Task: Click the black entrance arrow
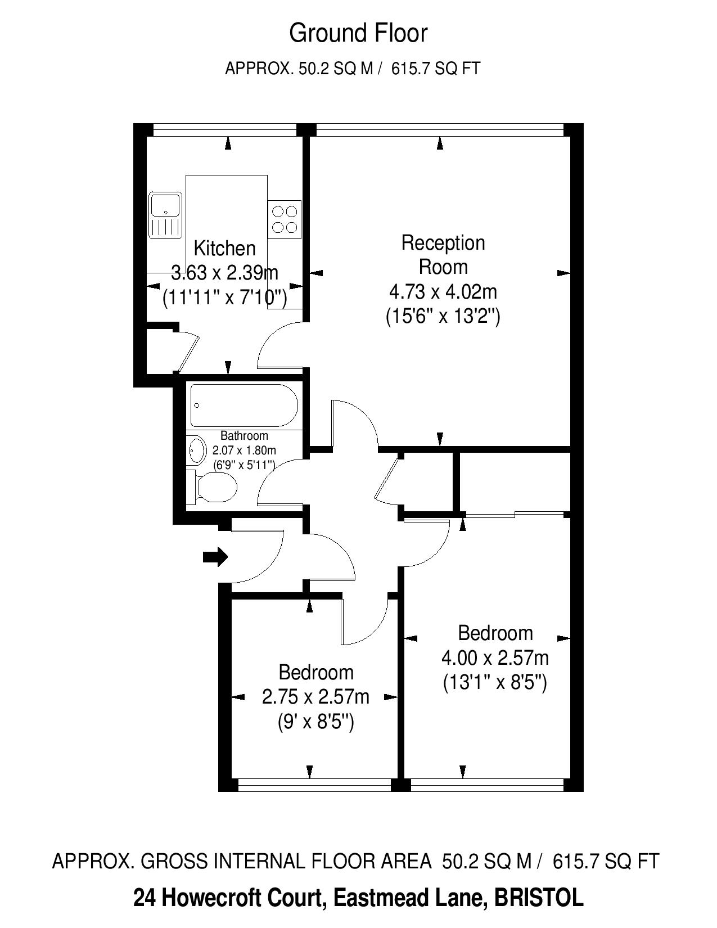[x=215, y=556]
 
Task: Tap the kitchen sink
[x=165, y=215]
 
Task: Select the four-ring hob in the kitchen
[x=285, y=219]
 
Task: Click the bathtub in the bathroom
[x=244, y=406]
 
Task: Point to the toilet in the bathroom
[x=213, y=487]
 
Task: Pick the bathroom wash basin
[x=197, y=449]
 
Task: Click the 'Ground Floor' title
[x=358, y=34]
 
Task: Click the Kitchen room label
[x=224, y=248]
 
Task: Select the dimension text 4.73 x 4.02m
[x=443, y=292]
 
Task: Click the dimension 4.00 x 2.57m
[x=495, y=658]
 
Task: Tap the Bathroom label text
[x=244, y=436]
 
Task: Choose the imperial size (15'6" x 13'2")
[x=443, y=317]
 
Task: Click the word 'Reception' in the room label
[x=443, y=243]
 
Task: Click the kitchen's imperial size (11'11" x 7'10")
[x=224, y=298]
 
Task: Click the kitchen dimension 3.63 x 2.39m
[x=224, y=272]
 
